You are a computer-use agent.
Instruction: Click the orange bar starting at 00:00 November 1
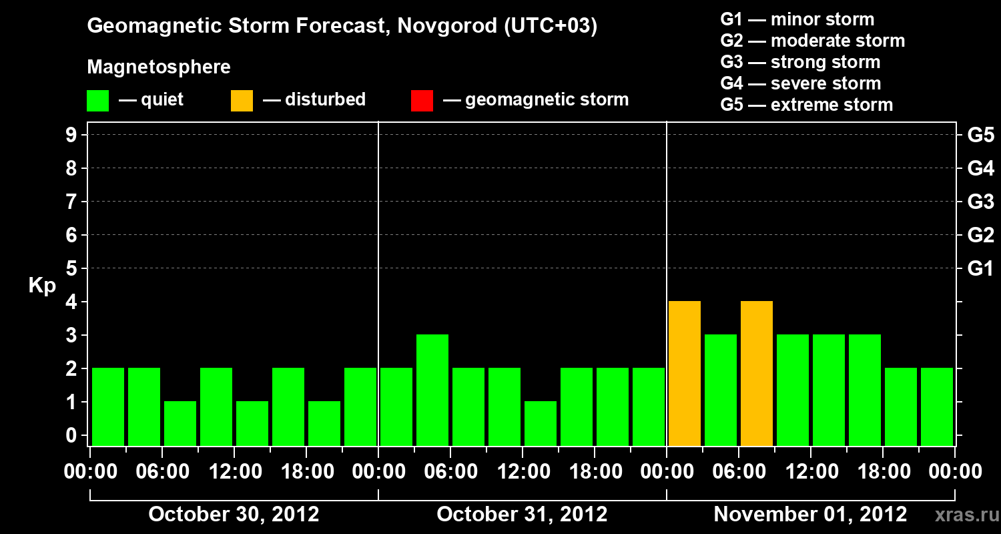(x=685, y=373)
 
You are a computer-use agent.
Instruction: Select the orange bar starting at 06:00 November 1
(x=757, y=373)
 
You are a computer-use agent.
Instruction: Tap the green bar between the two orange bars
(x=721, y=390)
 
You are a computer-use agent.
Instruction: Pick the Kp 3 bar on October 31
(x=432, y=390)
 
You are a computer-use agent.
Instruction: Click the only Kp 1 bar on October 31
(x=541, y=423)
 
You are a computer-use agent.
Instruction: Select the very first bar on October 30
(x=108, y=407)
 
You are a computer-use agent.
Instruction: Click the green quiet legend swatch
(x=98, y=101)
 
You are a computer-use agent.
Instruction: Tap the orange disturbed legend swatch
(x=242, y=101)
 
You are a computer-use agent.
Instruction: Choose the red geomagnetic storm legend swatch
(x=422, y=101)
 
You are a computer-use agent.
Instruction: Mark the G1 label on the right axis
(x=980, y=269)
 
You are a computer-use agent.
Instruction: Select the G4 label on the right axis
(x=980, y=168)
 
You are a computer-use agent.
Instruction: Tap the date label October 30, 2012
(x=234, y=515)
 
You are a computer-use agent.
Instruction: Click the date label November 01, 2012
(x=810, y=515)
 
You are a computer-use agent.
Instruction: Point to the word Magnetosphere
(x=159, y=67)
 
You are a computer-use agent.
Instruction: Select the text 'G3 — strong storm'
(x=800, y=62)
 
